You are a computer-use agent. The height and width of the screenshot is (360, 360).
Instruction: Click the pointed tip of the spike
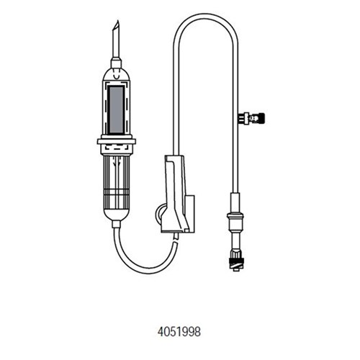[x=117, y=21]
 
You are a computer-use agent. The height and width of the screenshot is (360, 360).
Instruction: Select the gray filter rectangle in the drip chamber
[x=116, y=109]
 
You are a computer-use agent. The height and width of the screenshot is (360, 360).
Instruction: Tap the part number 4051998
[x=179, y=333]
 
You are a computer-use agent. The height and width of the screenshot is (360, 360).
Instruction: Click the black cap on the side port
[x=261, y=118]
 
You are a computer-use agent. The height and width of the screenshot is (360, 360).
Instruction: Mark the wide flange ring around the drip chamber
[x=117, y=141]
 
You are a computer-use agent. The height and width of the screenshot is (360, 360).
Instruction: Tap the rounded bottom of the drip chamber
[x=117, y=215]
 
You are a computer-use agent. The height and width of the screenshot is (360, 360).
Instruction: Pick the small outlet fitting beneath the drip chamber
[x=116, y=224]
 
